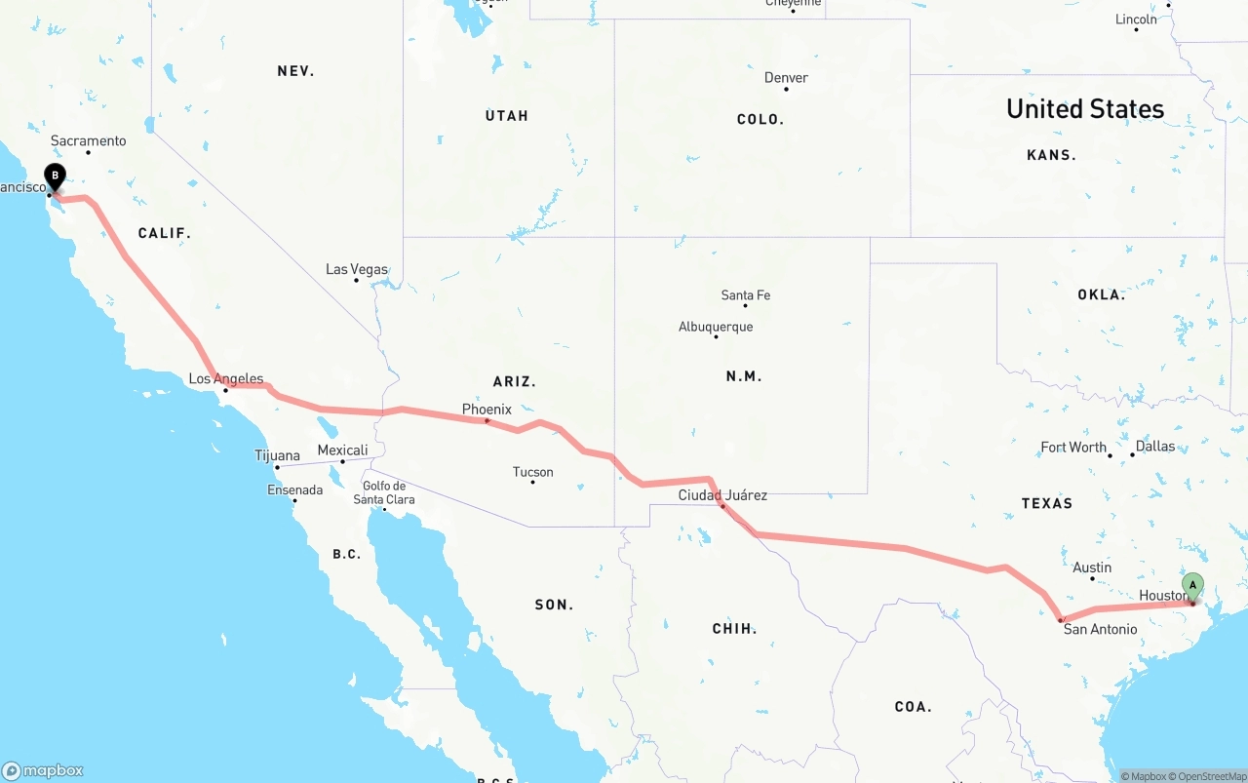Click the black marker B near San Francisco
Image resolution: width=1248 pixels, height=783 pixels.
pos(56,177)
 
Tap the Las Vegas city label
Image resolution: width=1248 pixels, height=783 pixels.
pos(356,269)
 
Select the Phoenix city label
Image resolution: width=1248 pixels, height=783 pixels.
pos(487,410)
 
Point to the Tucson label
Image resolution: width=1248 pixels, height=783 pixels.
pos(532,472)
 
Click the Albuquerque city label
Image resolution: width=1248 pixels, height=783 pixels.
pos(716,327)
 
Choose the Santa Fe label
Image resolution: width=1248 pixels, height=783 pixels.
pos(746,295)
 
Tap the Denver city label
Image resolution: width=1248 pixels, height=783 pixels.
pos(786,78)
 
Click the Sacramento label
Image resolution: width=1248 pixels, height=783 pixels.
pos(88,141)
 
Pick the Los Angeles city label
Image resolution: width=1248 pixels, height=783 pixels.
pos(225,379)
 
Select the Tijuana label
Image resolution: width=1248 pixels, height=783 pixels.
pos(277,455)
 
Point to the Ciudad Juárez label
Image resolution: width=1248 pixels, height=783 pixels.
pos(722,495)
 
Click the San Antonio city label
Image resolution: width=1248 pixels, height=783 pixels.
pos(1100,629)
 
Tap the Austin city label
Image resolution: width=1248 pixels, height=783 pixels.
pos(1092,568)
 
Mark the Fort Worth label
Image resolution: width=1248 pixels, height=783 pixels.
pos(1073,448)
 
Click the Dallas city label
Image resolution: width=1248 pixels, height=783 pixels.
pos(1155,447)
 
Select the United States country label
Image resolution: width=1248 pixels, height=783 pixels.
pos(1085,108)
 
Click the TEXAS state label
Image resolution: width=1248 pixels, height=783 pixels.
pos(1047,503)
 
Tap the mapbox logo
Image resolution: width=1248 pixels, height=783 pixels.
pos(43,770)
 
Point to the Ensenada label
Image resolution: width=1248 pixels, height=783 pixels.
pos(294,489)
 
